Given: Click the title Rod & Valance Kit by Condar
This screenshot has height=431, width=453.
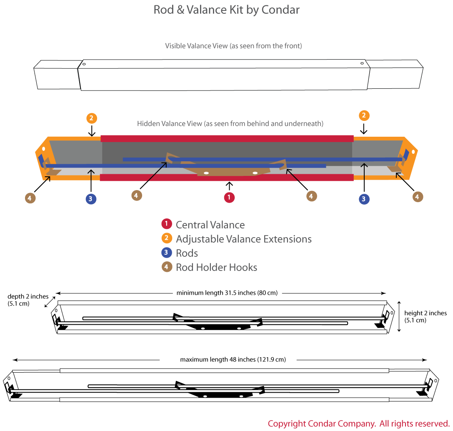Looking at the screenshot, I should coord(226,10).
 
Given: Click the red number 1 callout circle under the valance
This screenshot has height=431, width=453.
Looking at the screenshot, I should coord(229,198).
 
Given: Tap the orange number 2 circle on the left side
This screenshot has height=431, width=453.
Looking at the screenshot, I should coord(92,118).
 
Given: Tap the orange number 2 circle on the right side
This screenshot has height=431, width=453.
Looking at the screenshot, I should coord(364,115).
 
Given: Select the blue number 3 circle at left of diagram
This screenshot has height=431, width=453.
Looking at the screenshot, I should coord(91,199).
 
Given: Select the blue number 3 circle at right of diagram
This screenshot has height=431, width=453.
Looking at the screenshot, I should coord(363,199).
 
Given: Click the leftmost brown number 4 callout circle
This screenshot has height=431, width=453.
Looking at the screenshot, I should coord(29,198).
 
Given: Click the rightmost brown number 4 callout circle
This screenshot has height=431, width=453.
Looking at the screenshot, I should coord(418,197).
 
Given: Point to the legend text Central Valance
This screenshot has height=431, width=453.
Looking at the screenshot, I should coord(210,225).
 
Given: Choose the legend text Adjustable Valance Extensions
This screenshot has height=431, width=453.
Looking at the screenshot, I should coord(243,239).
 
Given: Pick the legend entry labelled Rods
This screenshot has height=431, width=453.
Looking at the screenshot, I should coord(187,253).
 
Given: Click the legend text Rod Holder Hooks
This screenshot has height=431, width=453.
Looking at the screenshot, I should coord(216,268).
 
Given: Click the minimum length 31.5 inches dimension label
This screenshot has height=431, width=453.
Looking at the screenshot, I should coord(227,293).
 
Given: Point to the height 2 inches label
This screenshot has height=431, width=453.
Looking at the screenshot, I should coord(425,317).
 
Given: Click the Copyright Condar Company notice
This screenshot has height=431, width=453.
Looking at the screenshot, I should coord(358,424).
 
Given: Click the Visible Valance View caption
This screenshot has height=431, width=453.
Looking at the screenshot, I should coord(233,46).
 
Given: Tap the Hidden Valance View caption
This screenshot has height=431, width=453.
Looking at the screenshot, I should coord(230,124).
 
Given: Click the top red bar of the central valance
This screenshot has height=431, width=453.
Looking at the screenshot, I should coord(227,139).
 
